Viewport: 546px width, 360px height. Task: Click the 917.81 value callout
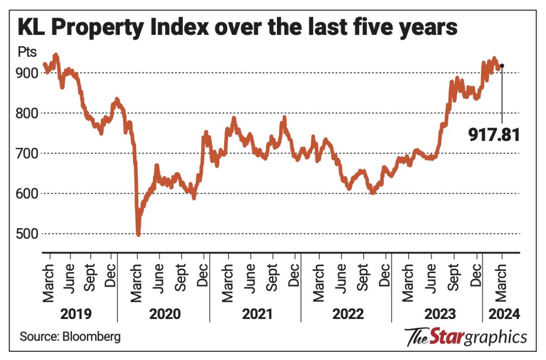coord(494,134)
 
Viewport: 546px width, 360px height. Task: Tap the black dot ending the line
coord(502,66)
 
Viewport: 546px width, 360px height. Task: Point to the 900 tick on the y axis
coord(28,73)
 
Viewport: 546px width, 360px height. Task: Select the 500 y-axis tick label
coord(28,234)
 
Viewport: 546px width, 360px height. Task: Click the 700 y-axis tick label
coord(28,154)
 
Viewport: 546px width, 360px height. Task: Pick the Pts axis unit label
coord(27,53)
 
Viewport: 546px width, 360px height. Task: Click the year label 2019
coord(76,314)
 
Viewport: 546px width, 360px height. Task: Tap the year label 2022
coord(348,314)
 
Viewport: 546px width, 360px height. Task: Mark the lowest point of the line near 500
coord(138,235)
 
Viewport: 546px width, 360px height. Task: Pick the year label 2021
coord(257,314)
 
